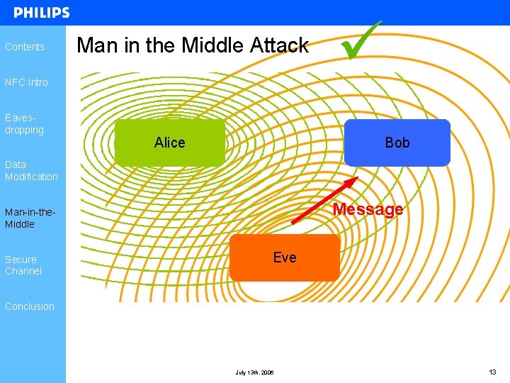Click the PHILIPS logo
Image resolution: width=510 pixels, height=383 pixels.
(x=41, y=13)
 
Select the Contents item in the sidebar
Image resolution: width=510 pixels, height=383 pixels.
(x=25, y=47)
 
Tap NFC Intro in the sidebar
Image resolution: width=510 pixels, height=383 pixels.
(x=26, y=82)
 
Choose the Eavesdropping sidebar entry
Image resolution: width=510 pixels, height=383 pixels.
(x=24, y=124)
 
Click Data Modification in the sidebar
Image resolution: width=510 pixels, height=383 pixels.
(x=31, y=170)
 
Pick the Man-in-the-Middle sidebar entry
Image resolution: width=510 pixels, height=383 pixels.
(x=30, y=218)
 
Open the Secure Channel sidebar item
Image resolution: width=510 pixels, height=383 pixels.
(x=23, y=265)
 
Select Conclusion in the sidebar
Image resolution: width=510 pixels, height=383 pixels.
(x=30, y=306)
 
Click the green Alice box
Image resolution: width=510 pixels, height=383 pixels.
(x=169, y=143)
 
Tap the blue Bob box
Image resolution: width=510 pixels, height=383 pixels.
(x=397, y=143)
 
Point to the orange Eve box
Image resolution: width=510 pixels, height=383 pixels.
(x=285, y=257)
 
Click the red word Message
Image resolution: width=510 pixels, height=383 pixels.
(x=368, y=209)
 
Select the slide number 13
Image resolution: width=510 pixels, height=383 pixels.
(x=492, y=372)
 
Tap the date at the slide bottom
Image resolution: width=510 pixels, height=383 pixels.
(x=254, y=372)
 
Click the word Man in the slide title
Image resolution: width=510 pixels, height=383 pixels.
(x=95, y=45)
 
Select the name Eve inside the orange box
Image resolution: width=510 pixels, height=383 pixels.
(x=285, y=257)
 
